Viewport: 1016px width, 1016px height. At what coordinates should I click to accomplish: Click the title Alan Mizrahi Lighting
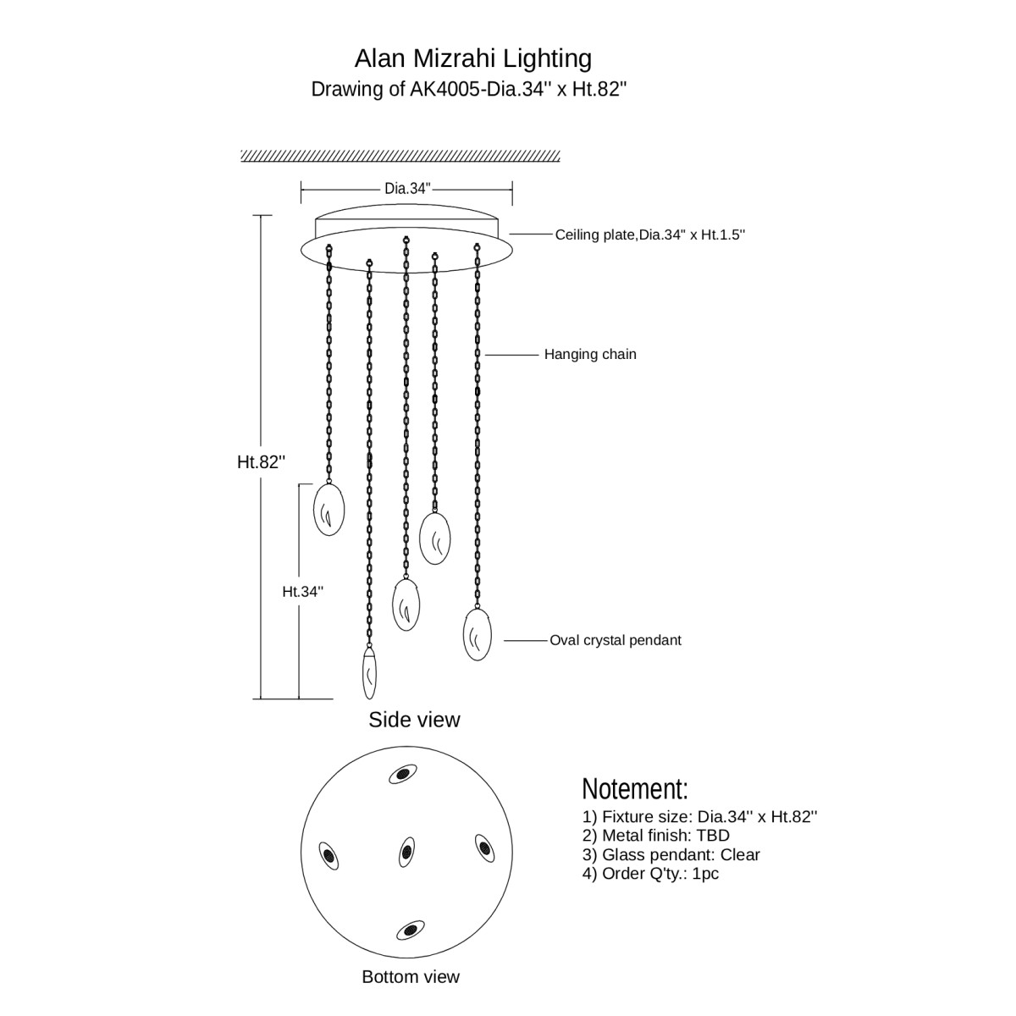click(472, 58)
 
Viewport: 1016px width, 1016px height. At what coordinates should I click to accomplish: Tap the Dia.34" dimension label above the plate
click(407, 188)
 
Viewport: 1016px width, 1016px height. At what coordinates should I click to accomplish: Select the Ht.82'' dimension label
click(261, 461)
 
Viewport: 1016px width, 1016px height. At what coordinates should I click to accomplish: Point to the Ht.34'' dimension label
click(302, 592)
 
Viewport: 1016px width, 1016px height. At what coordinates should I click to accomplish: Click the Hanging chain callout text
click(590, 354)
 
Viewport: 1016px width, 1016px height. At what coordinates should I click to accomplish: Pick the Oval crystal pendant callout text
click(615, 640)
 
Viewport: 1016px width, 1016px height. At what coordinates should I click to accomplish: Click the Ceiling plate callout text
click(649, 235)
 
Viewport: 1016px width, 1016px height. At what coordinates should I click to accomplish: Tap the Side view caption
click(414, 720)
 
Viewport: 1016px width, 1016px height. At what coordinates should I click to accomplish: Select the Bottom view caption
click(411, 976)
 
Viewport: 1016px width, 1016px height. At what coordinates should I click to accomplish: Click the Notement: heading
click(635, 789)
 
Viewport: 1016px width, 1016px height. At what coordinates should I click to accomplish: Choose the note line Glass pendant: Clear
click(671, 854)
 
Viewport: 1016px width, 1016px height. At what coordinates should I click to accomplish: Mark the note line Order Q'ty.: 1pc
click(650, 873)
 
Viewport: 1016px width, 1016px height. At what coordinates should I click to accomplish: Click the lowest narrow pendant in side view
click(369, 673)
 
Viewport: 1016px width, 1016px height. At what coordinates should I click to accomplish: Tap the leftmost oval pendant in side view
click(329, 510)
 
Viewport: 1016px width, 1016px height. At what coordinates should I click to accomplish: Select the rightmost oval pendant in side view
click(478, 635)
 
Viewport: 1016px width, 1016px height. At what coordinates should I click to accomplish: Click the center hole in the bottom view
click(406, 850)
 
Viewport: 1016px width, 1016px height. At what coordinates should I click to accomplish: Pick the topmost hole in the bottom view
click(402, 774)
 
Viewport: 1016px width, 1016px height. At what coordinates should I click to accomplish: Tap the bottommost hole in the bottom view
click(411, 930)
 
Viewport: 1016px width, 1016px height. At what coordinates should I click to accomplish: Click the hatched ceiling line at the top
click(400, 156)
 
